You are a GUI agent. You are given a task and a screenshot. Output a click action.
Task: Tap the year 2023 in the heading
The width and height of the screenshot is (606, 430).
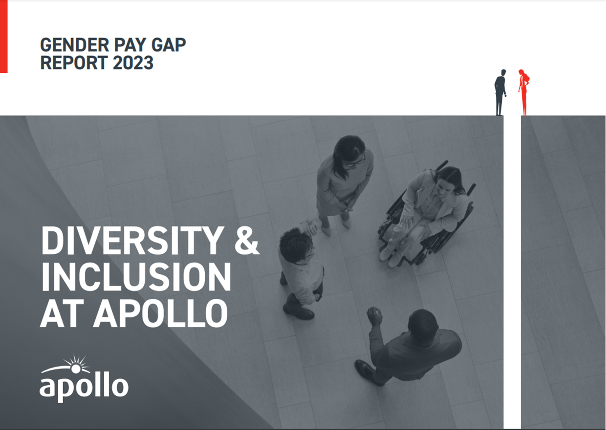tap(133, 62)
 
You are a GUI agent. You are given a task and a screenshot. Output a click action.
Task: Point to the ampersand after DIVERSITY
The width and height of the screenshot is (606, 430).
tap(247, 241)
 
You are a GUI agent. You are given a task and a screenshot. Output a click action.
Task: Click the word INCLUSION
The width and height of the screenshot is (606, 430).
tap(136, 277)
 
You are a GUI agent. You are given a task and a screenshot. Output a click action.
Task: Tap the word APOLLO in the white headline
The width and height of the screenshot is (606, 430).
tap(160, 313)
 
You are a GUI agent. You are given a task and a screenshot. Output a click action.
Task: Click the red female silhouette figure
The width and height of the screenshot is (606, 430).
tap(524, 92)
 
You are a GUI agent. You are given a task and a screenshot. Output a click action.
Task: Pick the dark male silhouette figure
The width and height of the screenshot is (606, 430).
tap(500, 92)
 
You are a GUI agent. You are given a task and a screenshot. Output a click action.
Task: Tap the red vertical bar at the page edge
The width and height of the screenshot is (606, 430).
tap(3, 37)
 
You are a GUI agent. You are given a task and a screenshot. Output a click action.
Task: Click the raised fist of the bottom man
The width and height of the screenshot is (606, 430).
tap(374, 315)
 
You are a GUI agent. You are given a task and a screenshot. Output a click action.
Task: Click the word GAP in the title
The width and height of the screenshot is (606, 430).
tap(168, 44)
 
